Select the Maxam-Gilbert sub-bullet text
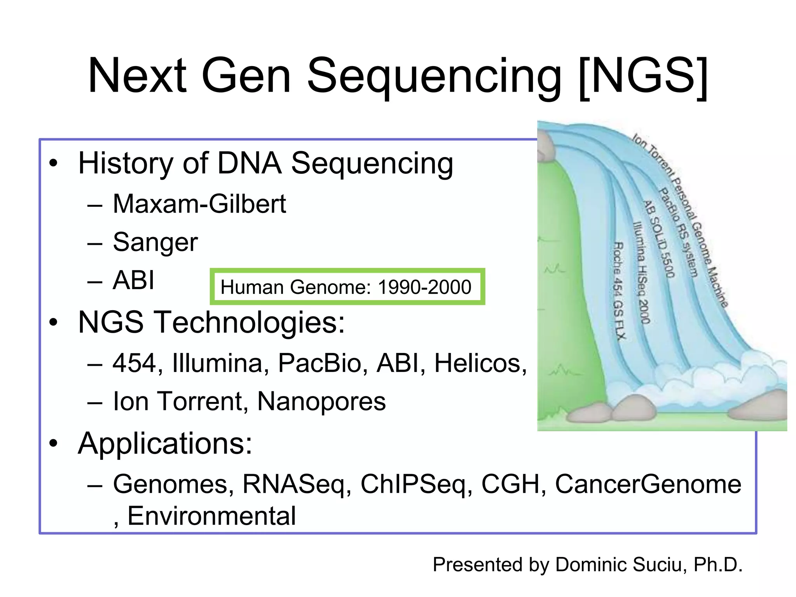click(199, 204)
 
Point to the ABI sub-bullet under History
click(133, 280)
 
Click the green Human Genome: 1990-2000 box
click(347, 287)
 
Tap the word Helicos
click(480, 363)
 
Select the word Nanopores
click(321, 401)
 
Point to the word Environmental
click(211, 516)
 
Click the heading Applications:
click(165, 443)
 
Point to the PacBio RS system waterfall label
click(679, 232)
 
